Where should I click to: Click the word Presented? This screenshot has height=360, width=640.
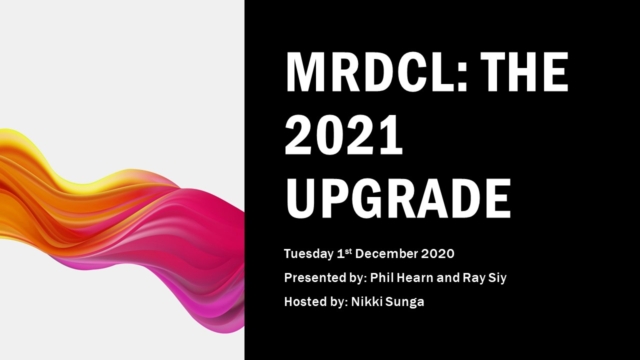tap(316, 275)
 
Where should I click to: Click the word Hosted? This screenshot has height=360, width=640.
tap(306, 300)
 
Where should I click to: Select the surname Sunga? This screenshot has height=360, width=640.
tap(407, 300)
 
